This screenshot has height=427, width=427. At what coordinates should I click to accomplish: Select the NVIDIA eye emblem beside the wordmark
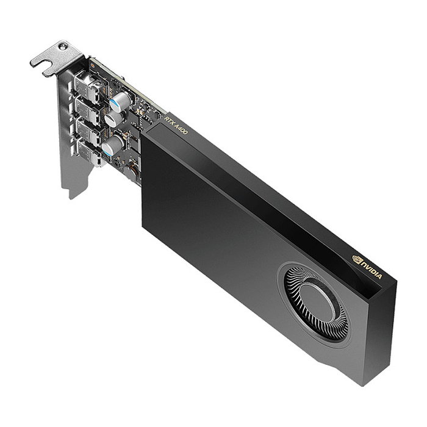[x=357, y=260]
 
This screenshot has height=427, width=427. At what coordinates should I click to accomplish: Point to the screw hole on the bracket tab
[x=60, y=48]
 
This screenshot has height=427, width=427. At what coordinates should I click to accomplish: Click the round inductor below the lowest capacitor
[x=129, y=171]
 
